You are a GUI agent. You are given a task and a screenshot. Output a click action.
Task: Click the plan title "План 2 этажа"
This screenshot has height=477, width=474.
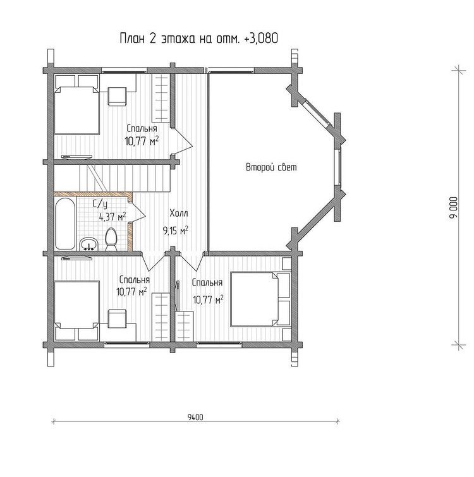[157, 39]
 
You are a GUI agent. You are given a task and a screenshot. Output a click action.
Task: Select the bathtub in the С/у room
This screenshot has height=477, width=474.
[65, 224]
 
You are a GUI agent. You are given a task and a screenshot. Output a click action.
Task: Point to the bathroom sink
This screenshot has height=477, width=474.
[88, 244]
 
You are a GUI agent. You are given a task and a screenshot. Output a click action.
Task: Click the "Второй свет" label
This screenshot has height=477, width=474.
[271, 167]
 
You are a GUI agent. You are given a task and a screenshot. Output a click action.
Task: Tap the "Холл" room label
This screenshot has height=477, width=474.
[179, 213]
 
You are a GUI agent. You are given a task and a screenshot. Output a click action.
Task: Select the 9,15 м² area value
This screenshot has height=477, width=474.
[176, 230]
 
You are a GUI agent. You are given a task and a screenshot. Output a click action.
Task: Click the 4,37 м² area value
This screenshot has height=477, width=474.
[112, 217]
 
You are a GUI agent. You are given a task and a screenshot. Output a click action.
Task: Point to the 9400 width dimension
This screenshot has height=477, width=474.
[195, 417]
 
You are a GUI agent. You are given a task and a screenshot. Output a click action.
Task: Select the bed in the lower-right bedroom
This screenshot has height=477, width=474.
[261, 299]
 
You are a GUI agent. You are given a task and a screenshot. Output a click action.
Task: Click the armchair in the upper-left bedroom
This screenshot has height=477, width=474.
[118, 96]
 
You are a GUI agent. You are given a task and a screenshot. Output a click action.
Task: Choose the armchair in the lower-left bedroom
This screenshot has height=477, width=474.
[118, 318]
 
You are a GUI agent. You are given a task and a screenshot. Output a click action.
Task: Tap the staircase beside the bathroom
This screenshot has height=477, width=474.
[112, 178]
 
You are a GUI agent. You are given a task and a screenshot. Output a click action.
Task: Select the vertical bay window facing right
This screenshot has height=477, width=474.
[337, 167]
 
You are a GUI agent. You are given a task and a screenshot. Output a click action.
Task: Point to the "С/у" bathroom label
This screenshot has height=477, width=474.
[100, 204]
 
